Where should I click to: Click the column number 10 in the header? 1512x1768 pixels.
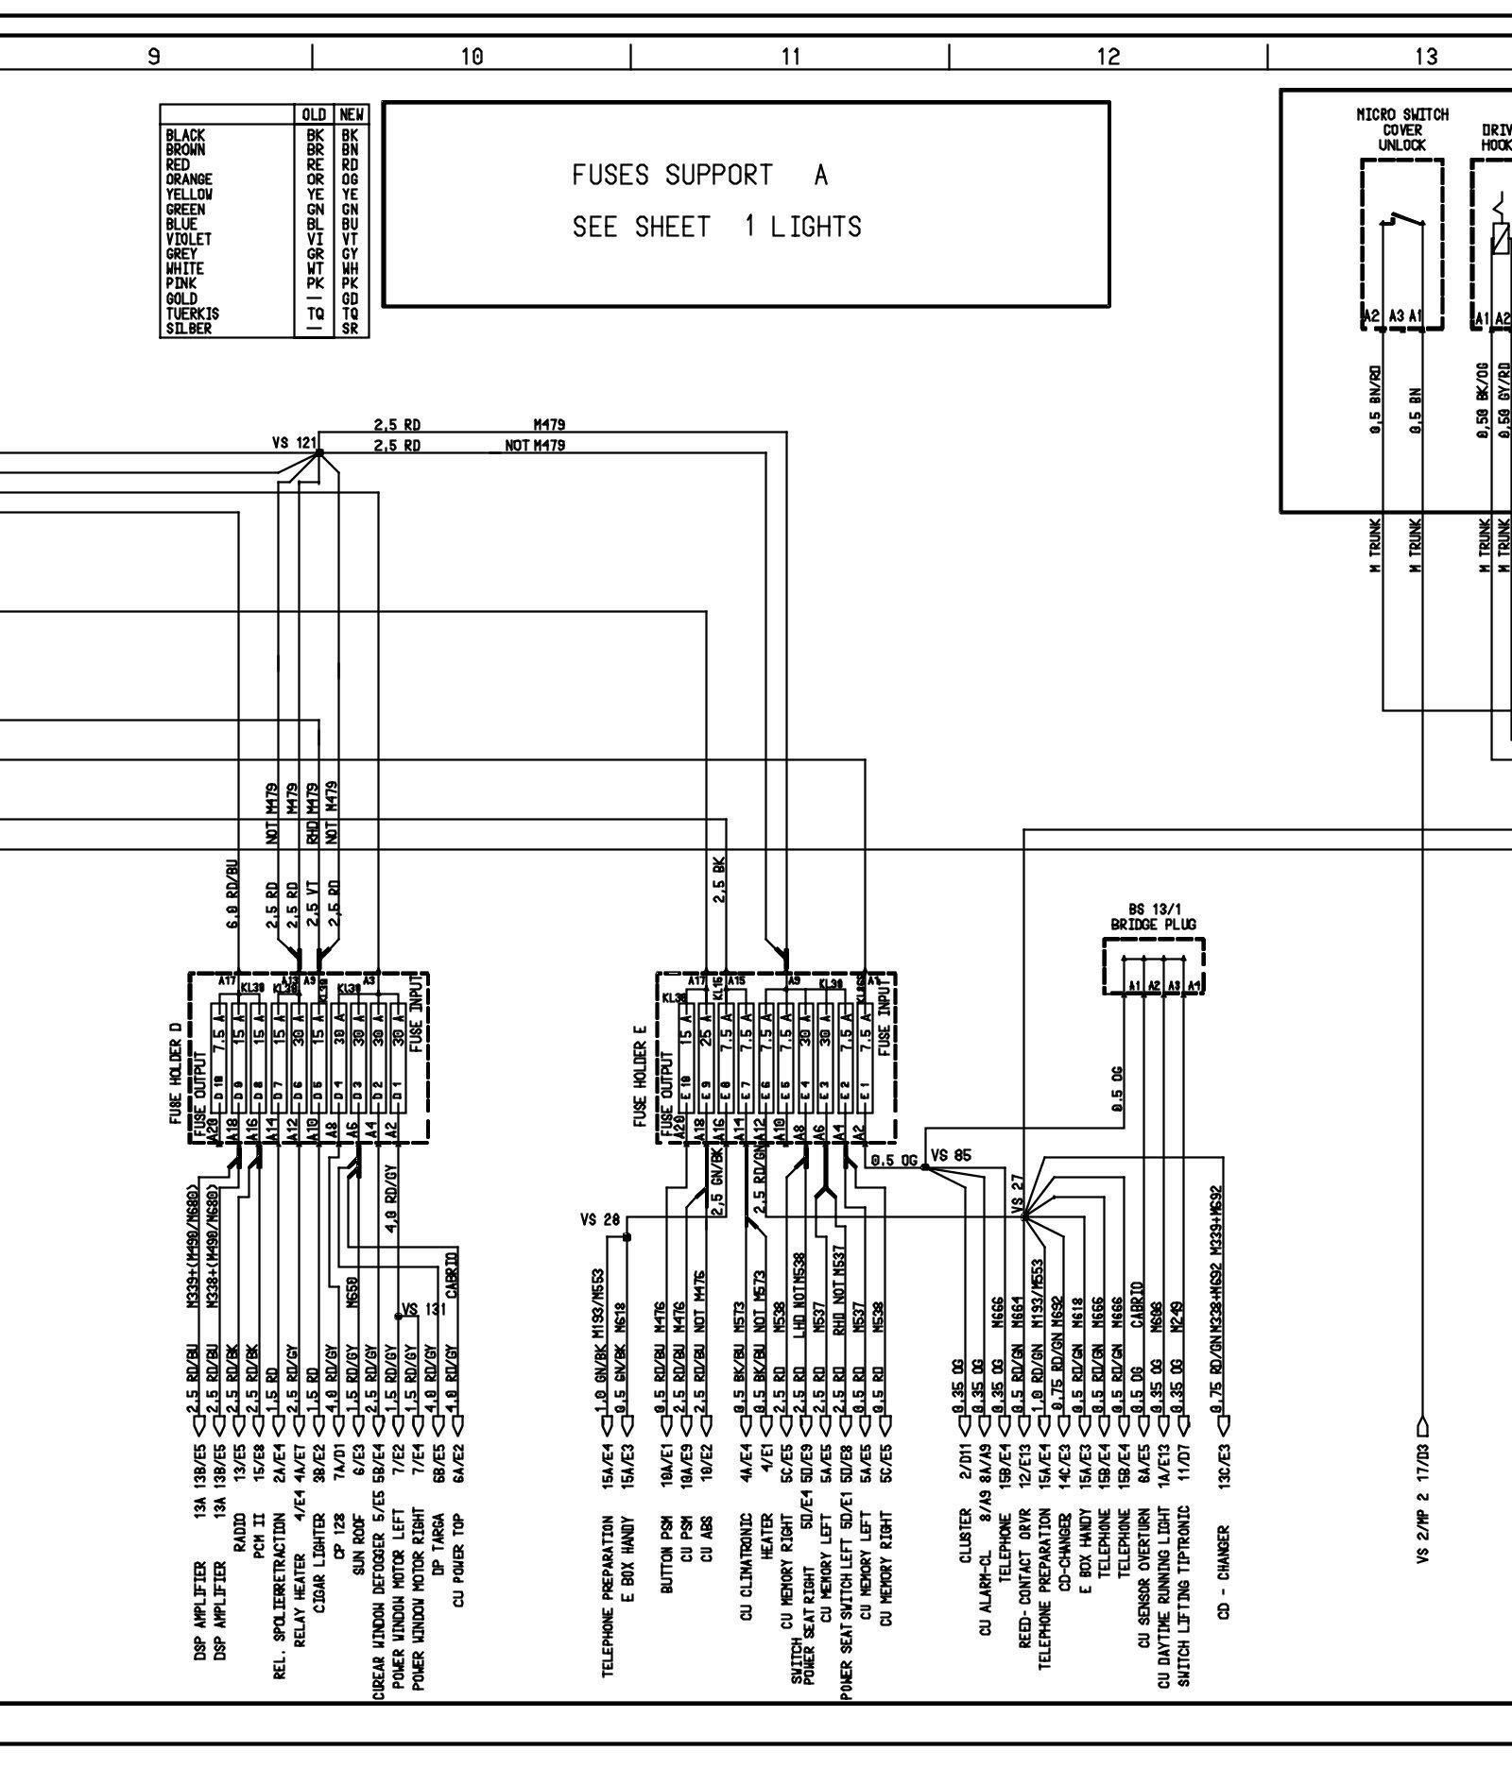472,58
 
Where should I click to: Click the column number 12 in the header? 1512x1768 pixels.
1108,58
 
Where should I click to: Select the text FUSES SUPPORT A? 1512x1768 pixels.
699,176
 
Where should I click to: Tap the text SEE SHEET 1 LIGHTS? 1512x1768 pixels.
716,228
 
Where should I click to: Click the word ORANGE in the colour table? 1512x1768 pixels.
189,179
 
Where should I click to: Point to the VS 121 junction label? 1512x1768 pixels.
293,442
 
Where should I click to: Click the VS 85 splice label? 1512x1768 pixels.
951,1155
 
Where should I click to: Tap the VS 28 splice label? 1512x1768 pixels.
600,1220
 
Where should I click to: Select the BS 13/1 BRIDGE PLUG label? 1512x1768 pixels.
1153,917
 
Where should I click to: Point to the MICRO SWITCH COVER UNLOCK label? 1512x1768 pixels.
1401,130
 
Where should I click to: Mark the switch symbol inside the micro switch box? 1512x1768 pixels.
1403,223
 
